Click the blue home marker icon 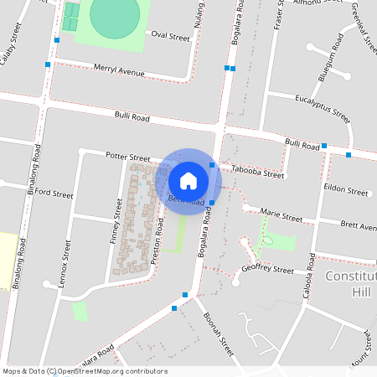click(188, 179)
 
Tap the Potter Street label click(127, 157)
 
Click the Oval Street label click(170, 37)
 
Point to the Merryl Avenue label click(119, 70)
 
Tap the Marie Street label click(281, 215)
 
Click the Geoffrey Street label click(267, 270)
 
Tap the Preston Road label click(158, 239)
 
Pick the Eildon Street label click(347, 192)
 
